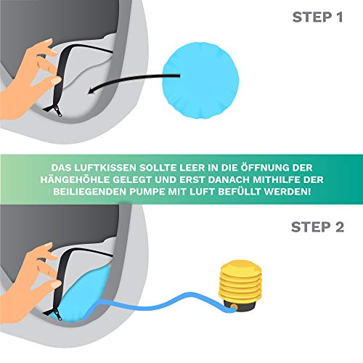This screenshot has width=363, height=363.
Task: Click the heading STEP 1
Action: [x=317, y=17]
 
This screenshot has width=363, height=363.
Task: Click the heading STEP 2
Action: [x=317, y=227]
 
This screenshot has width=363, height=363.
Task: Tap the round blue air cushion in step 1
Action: [x=200, y=81]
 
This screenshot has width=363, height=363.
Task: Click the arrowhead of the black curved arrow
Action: [x=91, y=90]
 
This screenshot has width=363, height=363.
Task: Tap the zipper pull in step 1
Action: [x=58, y=113]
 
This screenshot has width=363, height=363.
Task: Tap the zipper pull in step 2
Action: [x=58, y=317]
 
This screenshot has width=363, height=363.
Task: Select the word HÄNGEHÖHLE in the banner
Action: [x=75, y=180]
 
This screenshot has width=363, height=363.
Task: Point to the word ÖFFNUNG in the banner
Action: [x=265, y=167]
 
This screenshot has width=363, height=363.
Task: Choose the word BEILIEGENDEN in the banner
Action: [x=90, y=192]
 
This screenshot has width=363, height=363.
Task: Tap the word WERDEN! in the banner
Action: [x=287, y=192]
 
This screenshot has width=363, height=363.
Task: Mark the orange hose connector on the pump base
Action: [x=234, y=307]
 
